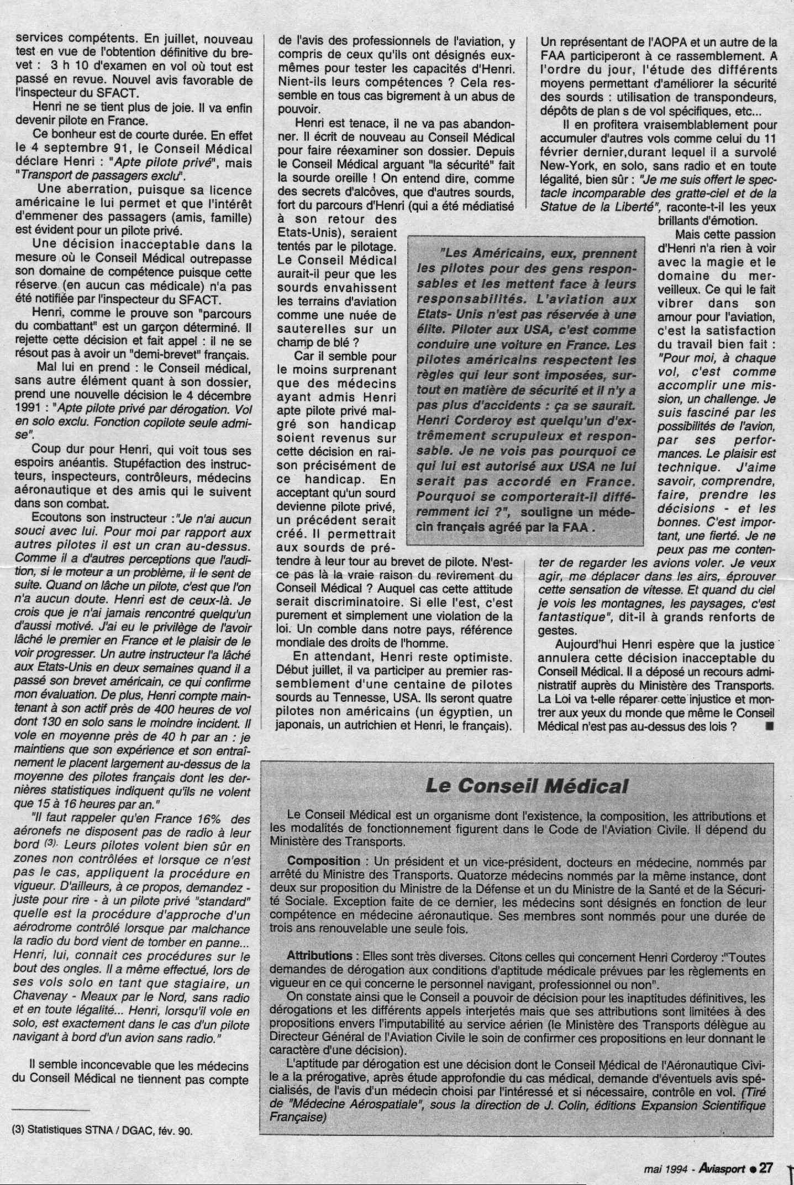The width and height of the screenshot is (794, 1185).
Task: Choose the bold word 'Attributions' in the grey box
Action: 319,956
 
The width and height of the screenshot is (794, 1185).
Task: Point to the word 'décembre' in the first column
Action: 224,396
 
